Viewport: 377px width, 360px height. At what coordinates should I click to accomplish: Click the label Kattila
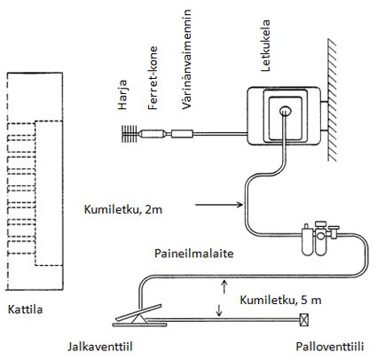pyautogui.click(x=25, y=309)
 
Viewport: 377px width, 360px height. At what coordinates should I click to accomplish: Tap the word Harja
pyautogui.click(x=122, y=95)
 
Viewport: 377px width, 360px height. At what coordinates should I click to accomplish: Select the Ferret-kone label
pyautogui.click(x=153, y=78)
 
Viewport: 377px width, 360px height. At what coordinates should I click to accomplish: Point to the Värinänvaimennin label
pyautogui.click(x=186, y=59)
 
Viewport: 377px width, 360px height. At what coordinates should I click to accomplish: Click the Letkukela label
pyautogui.click(x=265, y=45)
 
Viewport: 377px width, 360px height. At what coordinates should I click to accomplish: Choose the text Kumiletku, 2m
pyautogui.click(x=123, y=209)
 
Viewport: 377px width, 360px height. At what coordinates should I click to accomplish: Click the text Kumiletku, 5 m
pyautogui.click(x=280, y=300)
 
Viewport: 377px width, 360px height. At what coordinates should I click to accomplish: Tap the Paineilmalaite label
pyautogui.click(x=194, y=254)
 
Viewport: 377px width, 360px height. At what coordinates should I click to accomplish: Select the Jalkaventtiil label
pyautogui.click(x=100, y=347)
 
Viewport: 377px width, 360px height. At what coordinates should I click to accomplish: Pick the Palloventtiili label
pyautogui.click(x=330, y=347)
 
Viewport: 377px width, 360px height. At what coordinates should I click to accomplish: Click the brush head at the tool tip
pyautogui.click(x=130, y=133)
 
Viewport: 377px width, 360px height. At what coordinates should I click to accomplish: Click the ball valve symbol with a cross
pyautogui.click(x=304, y=319)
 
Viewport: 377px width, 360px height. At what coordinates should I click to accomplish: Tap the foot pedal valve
pyautogui.click(x=139, y=317)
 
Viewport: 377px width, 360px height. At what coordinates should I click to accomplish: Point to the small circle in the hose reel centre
pyautogui.click(x=286, y=111)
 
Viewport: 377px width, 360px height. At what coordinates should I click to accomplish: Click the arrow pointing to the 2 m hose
pyautogui.click(x=219, y=204)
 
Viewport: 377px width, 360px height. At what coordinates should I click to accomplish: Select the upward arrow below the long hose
pyautogui.click(x=224, y=286)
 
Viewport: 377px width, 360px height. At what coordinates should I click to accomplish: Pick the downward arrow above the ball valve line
pyautogui.click(x=219, y=309)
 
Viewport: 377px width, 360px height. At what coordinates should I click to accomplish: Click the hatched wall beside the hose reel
pyautogui.click(x=332, y=100)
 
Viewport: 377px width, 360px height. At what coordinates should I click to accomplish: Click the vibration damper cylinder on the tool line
pyautogui.click(x=182, y=134)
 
